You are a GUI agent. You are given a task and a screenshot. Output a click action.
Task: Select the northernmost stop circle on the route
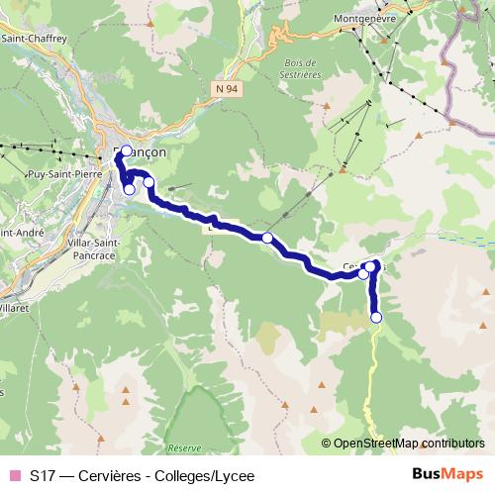point(126,151)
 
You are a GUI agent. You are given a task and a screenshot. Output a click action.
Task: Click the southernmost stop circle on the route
point(376,317)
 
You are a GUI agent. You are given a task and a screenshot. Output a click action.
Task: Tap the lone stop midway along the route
point(267,238)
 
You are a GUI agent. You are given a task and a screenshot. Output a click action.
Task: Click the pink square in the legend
point(14,476)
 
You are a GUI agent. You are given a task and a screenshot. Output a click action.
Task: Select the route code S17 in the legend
point(43,476)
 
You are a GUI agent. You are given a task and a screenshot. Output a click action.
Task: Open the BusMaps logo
point(448,475)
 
